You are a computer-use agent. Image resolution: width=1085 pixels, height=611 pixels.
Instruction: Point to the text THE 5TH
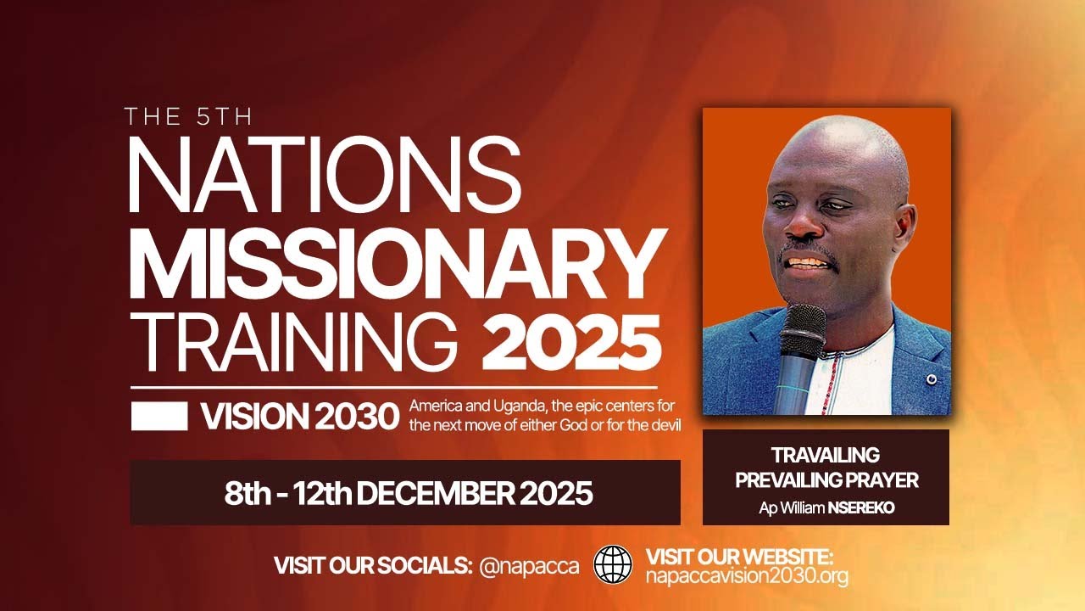coord(188,117)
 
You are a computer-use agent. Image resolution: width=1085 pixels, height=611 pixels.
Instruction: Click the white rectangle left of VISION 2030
coord(159,416)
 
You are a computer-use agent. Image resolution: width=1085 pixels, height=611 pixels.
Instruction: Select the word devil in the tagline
coord(663,423)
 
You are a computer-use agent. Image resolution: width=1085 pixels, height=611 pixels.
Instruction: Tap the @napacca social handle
coord(529,566)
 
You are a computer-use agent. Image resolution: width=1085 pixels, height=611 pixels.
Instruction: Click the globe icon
coord(613,563)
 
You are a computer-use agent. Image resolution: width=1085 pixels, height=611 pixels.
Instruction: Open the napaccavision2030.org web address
coord(747,577)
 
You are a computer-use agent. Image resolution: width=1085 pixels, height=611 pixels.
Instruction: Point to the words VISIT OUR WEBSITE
coord(740,557)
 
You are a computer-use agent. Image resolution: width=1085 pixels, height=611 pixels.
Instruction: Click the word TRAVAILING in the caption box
coord(825,455)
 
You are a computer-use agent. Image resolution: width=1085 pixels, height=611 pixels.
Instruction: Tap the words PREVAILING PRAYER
coord(826,480)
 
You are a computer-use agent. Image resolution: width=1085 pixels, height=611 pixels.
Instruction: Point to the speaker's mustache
coord(805,252)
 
